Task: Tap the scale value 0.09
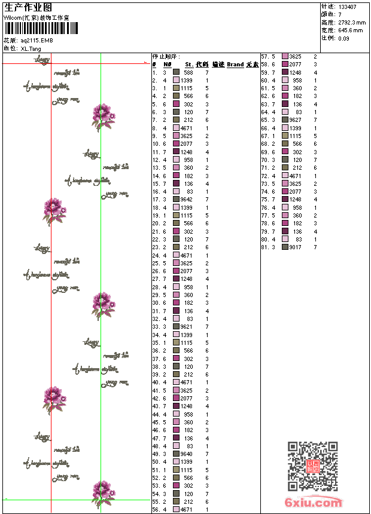click(343, 38)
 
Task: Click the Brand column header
click(235, 65)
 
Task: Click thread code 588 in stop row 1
click(188, 72)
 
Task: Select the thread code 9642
click(186, 199)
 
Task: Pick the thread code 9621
click(186, 326)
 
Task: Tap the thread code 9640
click(186, 454)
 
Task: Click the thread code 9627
click(295, 120)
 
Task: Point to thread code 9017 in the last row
click(295, 247)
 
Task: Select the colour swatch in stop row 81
click(285, 247)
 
